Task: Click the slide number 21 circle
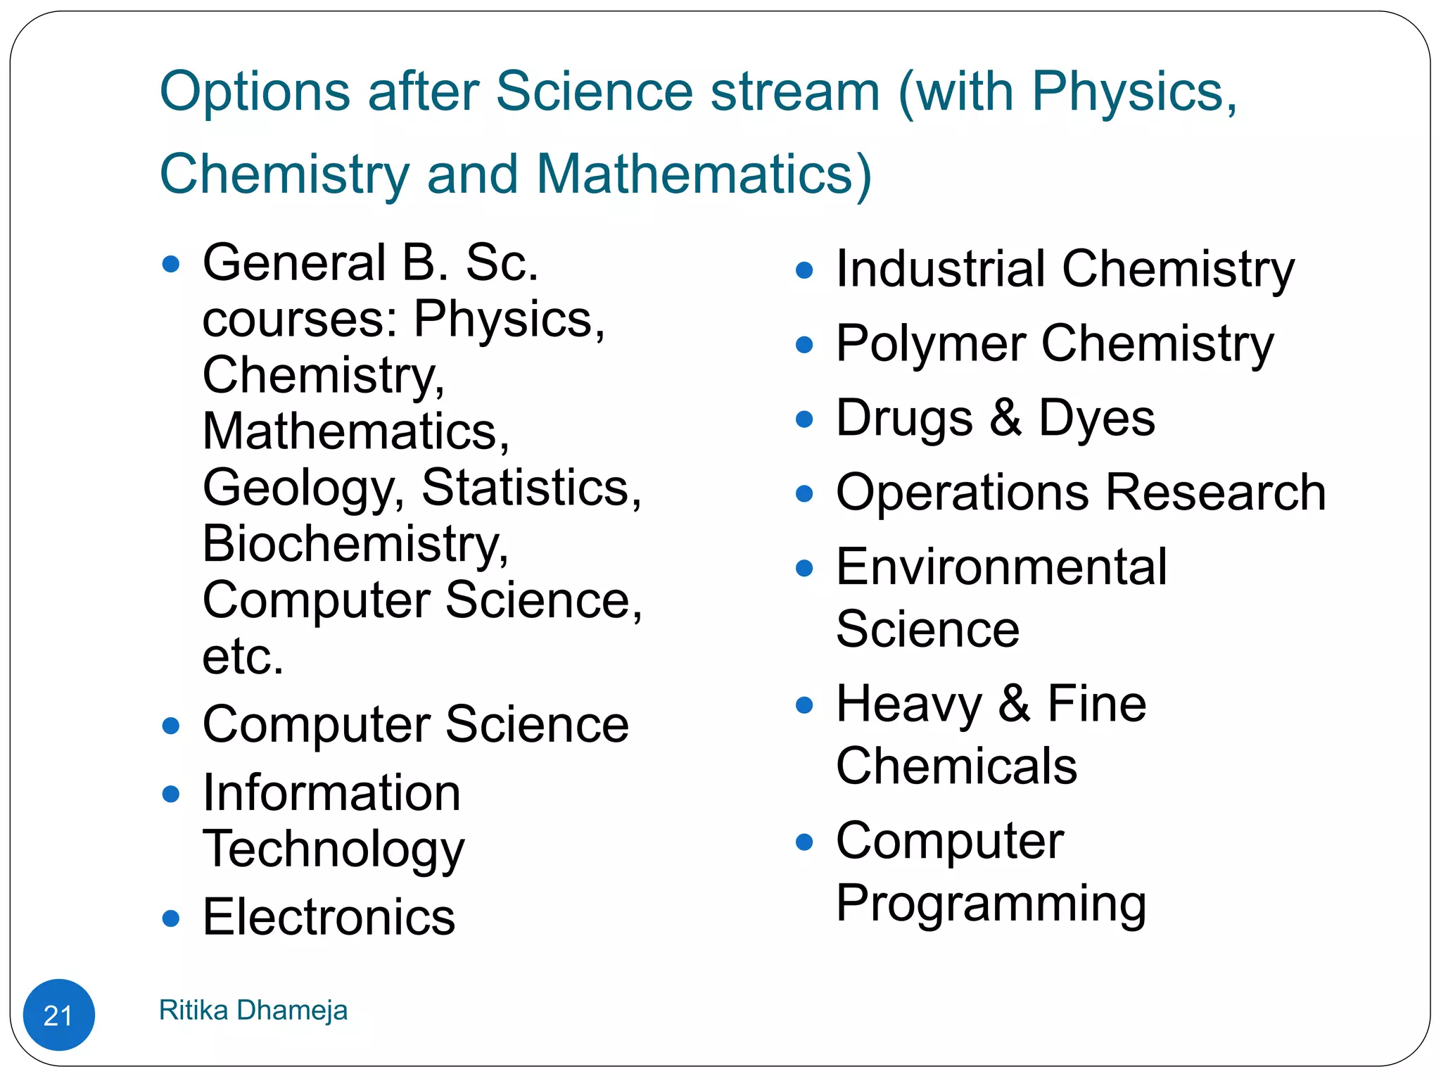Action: [x=58, y=1015]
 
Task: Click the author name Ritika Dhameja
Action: [x=253, y=1010]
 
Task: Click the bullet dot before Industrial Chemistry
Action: [x=804, y=270]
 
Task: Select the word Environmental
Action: [x=1001, y=567]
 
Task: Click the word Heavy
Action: [x=908, y=704]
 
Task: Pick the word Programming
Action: [x=991, y=904]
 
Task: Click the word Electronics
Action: [x=329, y=918]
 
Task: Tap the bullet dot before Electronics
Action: [x=170, y=918]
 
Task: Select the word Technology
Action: [x=334, y=849]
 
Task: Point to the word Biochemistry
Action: [x=355, y=544]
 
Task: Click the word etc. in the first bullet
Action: [x=243, y=657]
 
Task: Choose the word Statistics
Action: [x=531, y=487]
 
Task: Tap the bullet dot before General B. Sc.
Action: [x=170, y=265]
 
